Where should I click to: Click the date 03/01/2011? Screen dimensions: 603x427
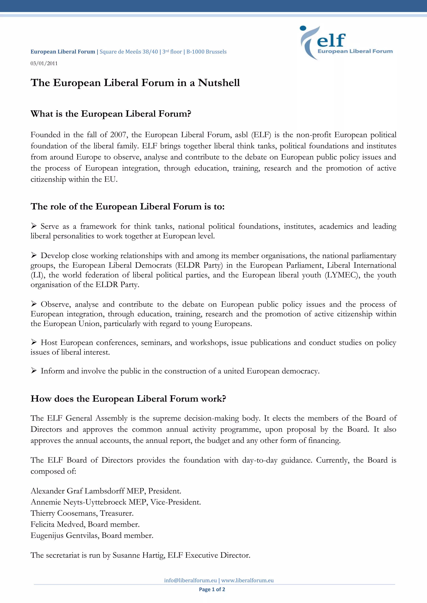point(44,63)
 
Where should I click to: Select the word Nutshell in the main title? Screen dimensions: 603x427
point(219,83)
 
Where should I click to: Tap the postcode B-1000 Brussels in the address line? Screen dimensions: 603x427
point(206,52)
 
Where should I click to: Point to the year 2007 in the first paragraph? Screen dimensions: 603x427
point(118,135)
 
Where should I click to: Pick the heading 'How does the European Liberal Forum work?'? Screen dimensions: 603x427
point(128,399)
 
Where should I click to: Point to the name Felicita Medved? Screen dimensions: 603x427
point(58,525)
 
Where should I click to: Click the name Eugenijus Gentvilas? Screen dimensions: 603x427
point(64,536)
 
